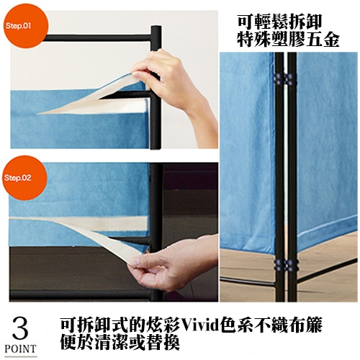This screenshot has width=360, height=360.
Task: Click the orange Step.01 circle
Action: pyautogui.click(x=26, y=27)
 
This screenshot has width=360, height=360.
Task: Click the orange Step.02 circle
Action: pyautogui.click(x=24, y=178)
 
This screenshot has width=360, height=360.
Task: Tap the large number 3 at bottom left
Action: pyautogui.click(x=20, y=328)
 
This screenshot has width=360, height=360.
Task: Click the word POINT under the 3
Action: pyautogui.click(x=21, y=348)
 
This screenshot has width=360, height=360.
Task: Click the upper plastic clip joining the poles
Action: pyautogui.click(x=286, y=78)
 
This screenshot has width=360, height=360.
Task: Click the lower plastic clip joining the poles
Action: pyautogui.click(x=286, y=265)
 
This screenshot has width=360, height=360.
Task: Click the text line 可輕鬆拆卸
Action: pyautogui.click(x=279, y=22)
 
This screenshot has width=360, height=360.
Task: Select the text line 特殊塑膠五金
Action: pyautogui.click(x=288, y=39)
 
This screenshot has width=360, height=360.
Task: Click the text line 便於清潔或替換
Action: pyautogui.click(x=120, y=342)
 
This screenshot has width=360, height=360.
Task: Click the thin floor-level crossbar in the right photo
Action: pyautogui.click(x=247, y=282)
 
